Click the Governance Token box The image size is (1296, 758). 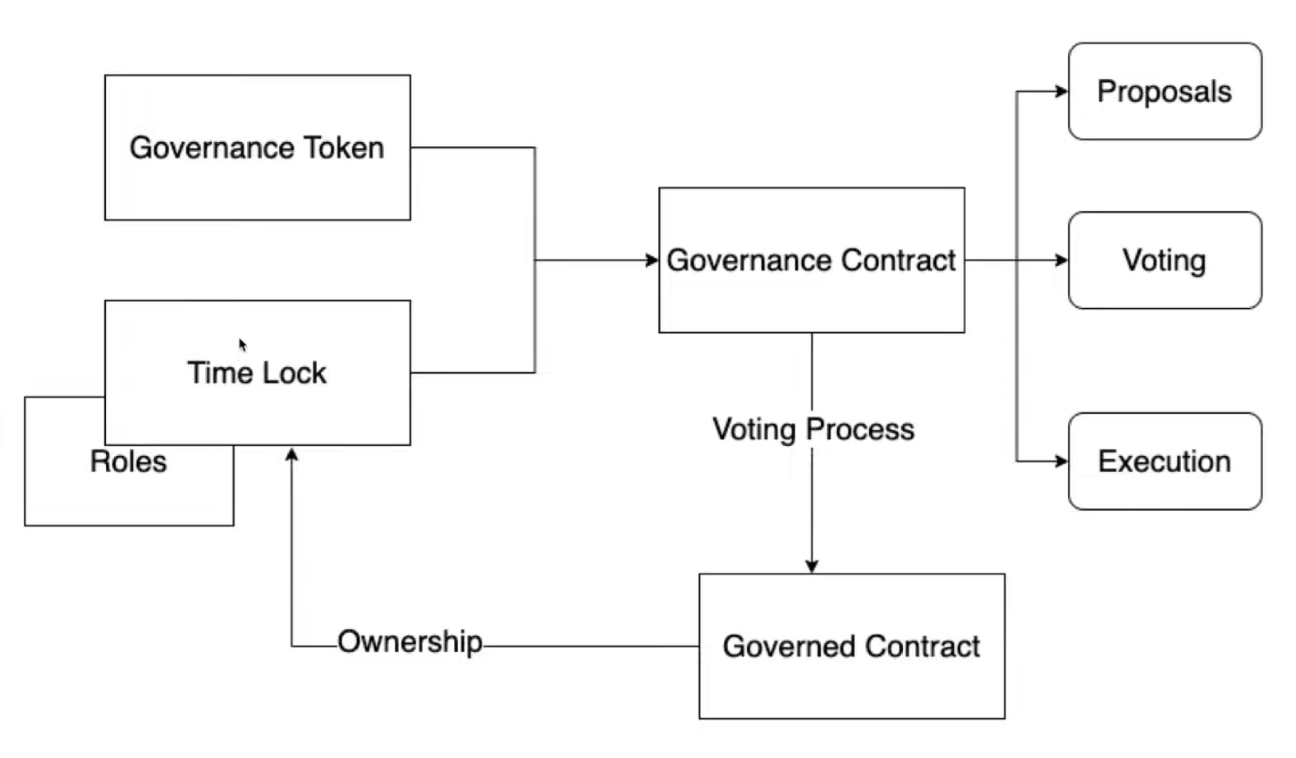tap(257, 148)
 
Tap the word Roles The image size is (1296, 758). tap(128, 462)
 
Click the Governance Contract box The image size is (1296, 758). tap(811, 260)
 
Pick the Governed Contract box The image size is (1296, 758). tap(851, 646)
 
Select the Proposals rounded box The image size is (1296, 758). tap(1164, 91)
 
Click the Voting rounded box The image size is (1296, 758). tap(1164, 260)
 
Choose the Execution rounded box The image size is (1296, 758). tap(1164, 462)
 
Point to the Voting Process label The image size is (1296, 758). tap(813, 430)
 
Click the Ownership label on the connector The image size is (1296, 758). tap(410, 642)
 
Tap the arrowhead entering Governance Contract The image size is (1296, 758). tap(653, 260)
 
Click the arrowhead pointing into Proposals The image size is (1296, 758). tap(1062, 91)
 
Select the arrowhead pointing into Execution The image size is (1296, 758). tap(1062, 462)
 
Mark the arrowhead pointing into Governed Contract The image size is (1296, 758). tap(812, 567)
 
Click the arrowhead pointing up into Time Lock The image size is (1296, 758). tap(291, 453)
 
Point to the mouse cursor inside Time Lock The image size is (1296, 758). tap(242, 345)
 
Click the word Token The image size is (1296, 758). tap(344, 148)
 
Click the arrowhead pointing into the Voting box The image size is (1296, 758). tap(1062, 260)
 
